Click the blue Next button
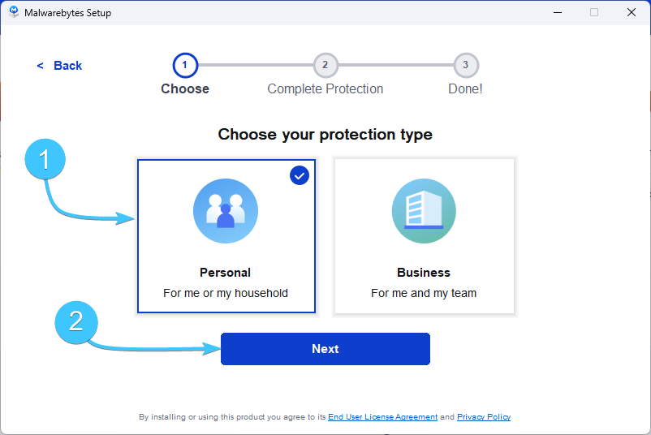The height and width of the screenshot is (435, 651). [x=325, y=349]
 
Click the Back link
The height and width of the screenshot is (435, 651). [x=59, y=66]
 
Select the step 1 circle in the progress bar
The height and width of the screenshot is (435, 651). [x=185, y=65]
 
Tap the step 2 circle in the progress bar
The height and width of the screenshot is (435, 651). [x=325, y=65]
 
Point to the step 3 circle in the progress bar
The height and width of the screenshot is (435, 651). [x=466, y=65]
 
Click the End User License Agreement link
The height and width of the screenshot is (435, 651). [x=383, y=416]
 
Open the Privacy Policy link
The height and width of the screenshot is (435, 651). [x=484, y=416]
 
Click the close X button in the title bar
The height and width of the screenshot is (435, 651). [x=631, y=12]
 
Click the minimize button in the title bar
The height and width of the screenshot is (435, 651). [x=558, y=12]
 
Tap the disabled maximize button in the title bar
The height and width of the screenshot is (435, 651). [x=594, y=12]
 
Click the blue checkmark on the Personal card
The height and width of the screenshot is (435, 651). [x=300, y=175]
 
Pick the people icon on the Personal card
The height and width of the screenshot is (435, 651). [x=226, y=211]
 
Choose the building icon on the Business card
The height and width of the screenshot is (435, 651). [x=424, y=211]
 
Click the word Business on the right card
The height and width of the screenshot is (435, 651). [x=424, y=273]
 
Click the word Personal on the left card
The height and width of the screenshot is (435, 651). [x=226, y=273]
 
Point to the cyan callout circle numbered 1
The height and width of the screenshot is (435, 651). [x=45, y=159]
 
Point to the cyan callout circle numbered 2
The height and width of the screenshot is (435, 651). [x=76, y=322]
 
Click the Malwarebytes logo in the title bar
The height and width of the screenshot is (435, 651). [x=14, y=12]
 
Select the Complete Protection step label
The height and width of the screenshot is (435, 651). [x=325, y=88]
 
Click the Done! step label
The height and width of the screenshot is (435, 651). [x=465, y=88]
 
